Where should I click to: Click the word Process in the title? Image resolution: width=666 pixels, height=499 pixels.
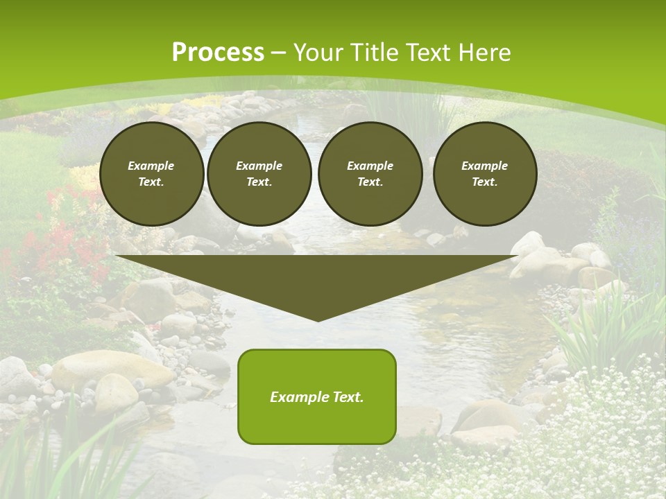pos(218,53)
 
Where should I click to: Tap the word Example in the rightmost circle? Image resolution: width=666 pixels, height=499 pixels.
pos(484,166)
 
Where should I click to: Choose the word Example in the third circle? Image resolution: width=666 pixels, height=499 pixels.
pos(370,166)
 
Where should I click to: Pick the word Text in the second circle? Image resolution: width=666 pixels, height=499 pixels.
pos(258,182)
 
